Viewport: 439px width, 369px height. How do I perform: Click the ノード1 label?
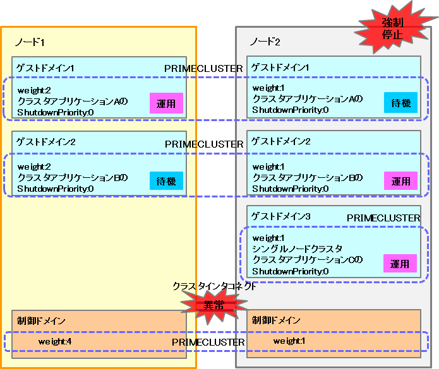coord(30,42)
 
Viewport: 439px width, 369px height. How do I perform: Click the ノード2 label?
coord(265,42)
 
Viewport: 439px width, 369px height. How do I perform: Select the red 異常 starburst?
coord(214,305)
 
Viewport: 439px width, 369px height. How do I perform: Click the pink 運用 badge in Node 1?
coord(166,103)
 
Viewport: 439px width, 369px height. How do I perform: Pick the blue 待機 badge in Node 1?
coord(166,181)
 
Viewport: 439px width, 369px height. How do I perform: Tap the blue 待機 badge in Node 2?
coord(400,103)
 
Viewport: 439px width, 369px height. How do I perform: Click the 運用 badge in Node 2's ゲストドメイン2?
coord(400,181)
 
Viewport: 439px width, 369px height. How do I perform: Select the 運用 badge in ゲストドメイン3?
coord(400,263)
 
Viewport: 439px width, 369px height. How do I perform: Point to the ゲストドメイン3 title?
coord(281,216)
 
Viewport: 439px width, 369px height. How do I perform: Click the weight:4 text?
coord(55,341)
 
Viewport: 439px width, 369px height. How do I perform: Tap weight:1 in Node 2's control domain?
coord(289,341)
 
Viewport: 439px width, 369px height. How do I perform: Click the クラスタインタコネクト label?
coord(214,286)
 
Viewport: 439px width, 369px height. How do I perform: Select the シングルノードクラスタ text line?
coord(297,249)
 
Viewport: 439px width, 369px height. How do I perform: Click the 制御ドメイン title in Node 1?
coord(41,320)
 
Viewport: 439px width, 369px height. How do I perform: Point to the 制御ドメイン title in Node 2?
coord(276,320)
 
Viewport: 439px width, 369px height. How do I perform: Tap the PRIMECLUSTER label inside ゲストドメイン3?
coord(383,218)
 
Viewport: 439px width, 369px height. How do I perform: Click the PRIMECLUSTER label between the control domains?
coord(208,342)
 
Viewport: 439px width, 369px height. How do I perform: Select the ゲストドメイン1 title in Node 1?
coord(45,68)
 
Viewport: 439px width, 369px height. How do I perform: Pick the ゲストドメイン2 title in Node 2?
coord(281,141)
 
